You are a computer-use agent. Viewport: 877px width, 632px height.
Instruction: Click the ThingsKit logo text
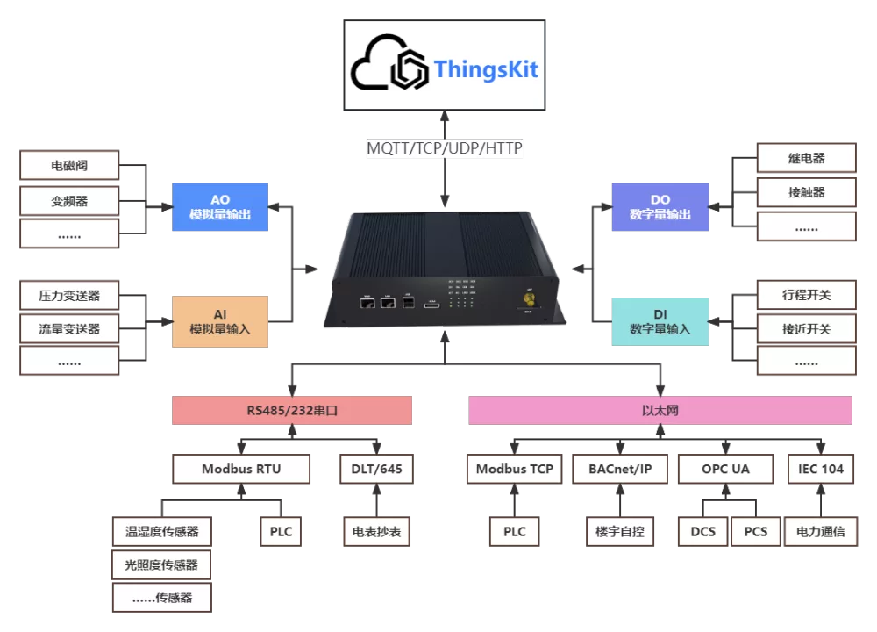pyautogui.click(x=485, y=69)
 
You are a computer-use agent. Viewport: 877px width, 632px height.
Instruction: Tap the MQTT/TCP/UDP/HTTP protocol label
pyautogui.click(x=445, y=148)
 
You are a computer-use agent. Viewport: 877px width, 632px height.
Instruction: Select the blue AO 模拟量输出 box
pyautogui.click(x=220, y=206)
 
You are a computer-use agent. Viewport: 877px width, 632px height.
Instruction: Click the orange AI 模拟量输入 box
pyautogui.click(x=220, y=320)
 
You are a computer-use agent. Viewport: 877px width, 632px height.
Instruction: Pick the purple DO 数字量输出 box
pyautogui.click(x=660, y=206)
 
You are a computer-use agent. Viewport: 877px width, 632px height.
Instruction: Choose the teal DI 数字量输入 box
pyautogui.click(x=660, y=320)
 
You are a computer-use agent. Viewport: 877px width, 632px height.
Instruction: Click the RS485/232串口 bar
pyautogui.click(x=291, y=410)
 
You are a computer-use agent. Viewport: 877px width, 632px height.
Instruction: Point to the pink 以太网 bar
pyautogui.click(x=660, y=410)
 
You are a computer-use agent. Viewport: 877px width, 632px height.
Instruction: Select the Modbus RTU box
pyautogui.click(x=241, y=469)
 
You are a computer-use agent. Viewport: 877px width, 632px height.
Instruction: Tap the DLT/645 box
pyautogui.click(x=374, y=469)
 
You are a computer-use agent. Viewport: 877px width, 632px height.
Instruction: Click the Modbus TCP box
pyautogui.click(x=515, y=469)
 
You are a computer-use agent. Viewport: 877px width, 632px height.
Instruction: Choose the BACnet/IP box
pyautogui.click(x=620, y=469)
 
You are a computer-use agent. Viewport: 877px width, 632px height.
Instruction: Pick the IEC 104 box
pyautogui.click(x=821, y=469)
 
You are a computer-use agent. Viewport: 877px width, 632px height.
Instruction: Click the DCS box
pyautogui.click(x=703, y=531)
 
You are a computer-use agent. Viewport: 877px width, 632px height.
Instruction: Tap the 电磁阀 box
pyautogui.click(x=69, y=164)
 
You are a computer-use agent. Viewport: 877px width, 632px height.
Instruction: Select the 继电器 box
pyautogui.click(x=806, y=159)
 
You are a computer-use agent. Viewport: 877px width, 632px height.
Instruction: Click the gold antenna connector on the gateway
pyautogui.click(x=529, y=300)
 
